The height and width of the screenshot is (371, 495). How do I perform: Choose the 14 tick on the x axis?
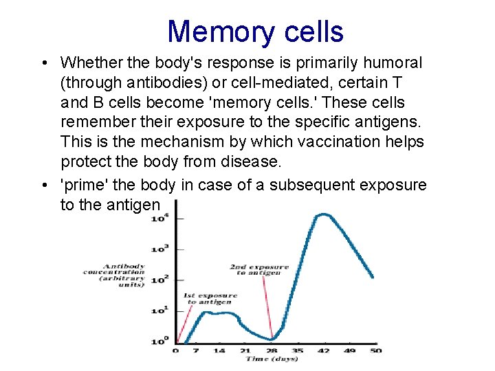click(219, 350)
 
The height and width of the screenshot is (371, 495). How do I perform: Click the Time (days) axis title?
click(273, 359)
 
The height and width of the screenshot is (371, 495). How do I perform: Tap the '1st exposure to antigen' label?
click(210, 299)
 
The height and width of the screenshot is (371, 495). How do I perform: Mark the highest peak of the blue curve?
click(322, 215)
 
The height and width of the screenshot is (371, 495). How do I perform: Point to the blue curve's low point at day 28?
click(273, 339)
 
